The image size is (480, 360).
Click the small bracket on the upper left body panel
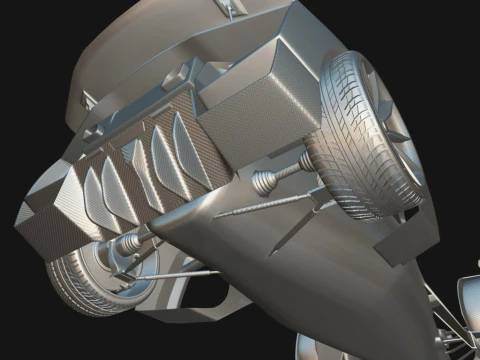88,100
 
